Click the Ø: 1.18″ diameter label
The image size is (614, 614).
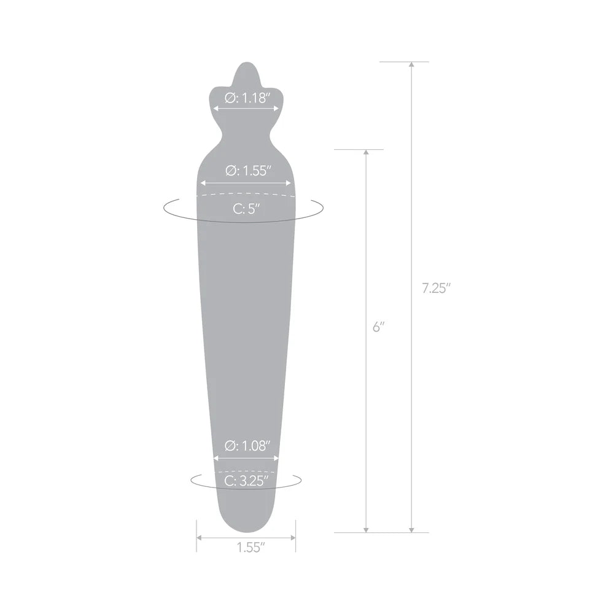pos(247,98)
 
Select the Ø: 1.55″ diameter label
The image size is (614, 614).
pos(246,171)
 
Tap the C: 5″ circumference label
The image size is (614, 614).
pos(246,208)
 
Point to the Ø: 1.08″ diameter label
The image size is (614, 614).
pos(246,446)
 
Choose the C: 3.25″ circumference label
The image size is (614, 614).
pos(246,481)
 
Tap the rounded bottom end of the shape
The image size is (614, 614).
pos(246,529)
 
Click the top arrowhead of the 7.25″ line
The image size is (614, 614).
pos(411,64)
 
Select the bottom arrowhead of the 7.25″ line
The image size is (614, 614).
pos(411,530)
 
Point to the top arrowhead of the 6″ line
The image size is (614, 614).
pos(366,152)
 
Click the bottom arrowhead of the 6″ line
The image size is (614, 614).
pos(366,530)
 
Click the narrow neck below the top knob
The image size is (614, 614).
pos(246,130)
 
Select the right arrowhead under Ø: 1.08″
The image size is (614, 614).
pos(277,457)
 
